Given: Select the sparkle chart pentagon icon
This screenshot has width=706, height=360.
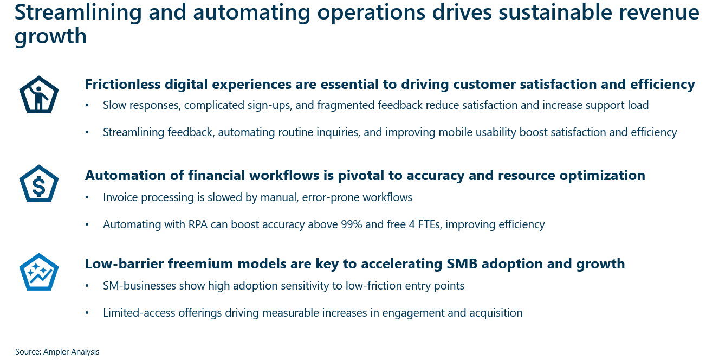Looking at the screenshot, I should tap(38, 273).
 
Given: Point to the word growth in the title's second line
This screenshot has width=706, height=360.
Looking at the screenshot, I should tap(50, 36).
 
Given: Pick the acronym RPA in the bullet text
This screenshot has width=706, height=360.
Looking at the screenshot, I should tap(197, 224).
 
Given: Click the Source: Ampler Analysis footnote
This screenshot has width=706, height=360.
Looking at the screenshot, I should tap(57, 352).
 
